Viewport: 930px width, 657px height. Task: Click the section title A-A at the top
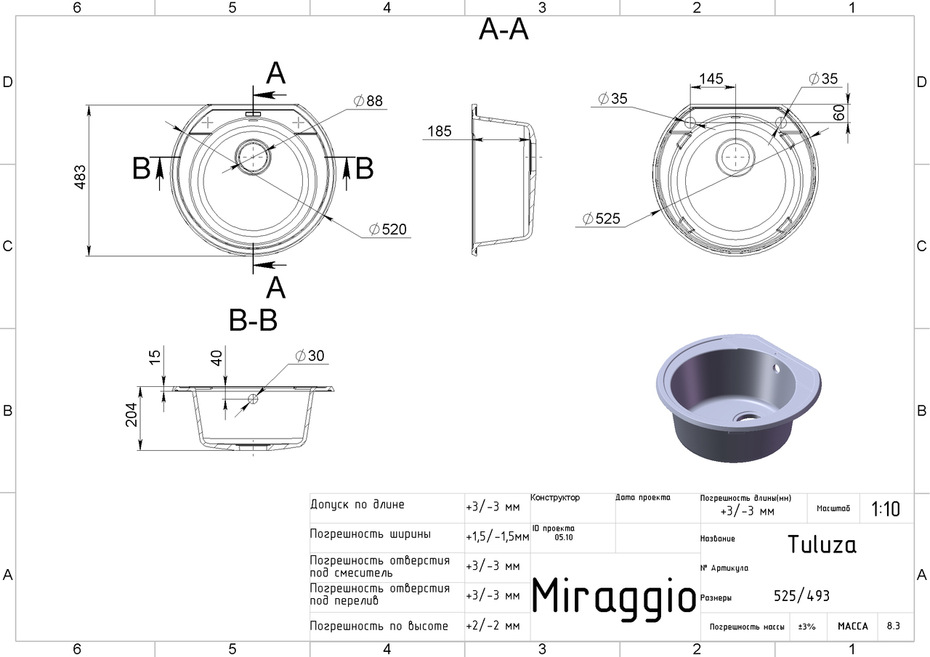[x=504, y=30]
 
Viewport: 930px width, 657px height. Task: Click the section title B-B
[x=253, y=321]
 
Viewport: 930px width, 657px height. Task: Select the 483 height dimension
[x=80, y=177]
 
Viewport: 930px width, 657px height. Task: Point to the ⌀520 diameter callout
[x=388, y=229]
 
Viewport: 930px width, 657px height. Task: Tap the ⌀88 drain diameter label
[x=368, y=101]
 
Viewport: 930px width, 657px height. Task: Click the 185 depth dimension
[x=440, y=131]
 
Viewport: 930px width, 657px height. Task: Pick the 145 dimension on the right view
[x=711, y=78]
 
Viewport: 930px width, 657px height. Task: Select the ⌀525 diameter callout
[x=601, y=219]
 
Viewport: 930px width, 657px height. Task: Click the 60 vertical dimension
[x=838, y=113]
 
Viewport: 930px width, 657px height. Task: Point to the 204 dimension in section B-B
[x=132, y=415]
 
